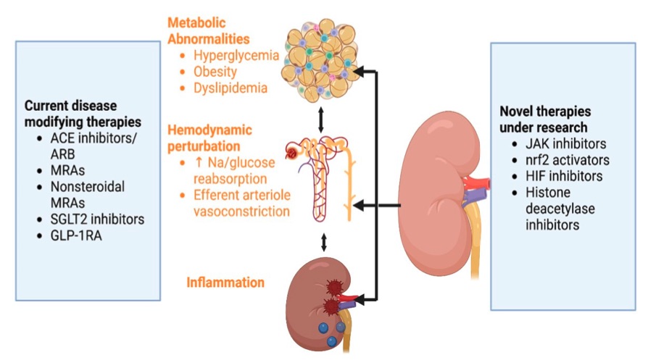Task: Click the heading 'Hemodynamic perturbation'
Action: [210, 138]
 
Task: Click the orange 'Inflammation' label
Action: [225, 282]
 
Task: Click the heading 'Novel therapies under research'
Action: [545, 120]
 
